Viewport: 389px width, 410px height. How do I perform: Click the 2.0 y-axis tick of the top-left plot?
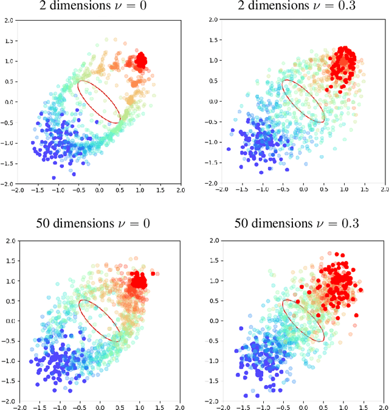point(7,21)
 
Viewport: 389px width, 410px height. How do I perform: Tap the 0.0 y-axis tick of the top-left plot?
point(7,102)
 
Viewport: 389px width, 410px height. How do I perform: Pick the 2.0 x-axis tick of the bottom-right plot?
point(384,408)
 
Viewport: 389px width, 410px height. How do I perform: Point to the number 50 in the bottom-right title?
point(242,223)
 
